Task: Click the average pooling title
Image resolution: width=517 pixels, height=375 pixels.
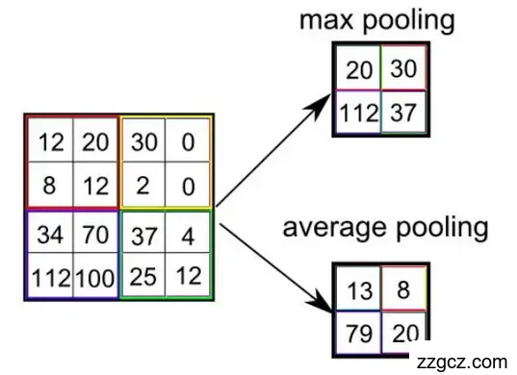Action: pos(384,229)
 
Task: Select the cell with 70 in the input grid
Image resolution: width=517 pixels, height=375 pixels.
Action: pos(95,235)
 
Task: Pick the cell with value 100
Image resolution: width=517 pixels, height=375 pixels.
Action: pos(95,279)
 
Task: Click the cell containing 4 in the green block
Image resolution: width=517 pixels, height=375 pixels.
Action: pos(188,235)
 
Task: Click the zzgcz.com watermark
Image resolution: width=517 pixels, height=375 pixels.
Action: pos(459,361)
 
